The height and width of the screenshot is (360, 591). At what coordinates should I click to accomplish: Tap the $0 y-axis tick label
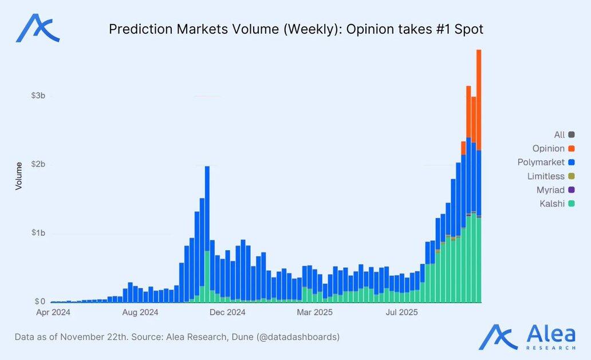coord(40,302)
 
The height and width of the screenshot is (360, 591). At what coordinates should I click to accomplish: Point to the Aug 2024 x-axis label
coord(140,312)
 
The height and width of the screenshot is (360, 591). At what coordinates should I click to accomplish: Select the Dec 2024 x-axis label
coord(227,312)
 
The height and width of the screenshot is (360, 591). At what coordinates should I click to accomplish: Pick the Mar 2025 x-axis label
coord(314,312)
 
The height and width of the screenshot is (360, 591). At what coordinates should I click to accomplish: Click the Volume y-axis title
coord(18,176)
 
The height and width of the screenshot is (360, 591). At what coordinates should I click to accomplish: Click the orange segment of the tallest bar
coord(479,100)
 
